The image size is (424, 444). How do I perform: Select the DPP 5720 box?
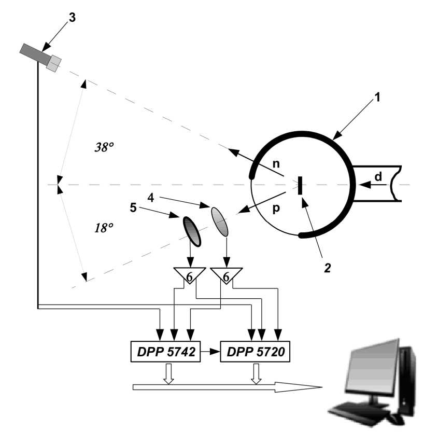[256, 352]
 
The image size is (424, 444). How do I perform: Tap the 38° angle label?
[104, 147]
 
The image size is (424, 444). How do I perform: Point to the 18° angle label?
[104, 227]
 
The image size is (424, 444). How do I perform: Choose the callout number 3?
[72, 17]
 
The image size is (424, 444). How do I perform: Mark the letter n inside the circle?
[276, 163]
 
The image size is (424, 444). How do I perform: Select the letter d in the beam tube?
[378, 177]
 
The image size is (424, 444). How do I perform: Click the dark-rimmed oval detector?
[191, 231]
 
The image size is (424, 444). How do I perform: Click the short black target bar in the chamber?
[300, 185]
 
